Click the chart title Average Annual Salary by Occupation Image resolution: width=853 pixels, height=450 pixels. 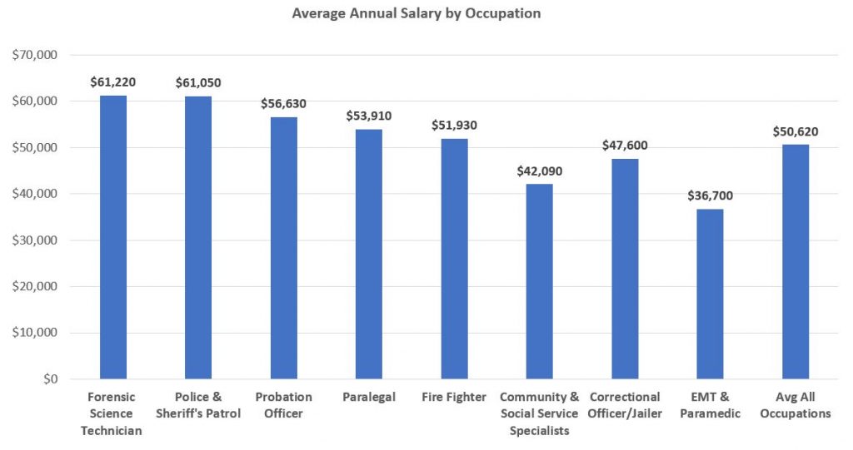click(x=417, y=13)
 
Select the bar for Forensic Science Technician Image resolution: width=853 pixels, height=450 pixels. click(x=113, y=237)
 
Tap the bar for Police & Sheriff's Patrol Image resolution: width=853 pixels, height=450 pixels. click(x=198, y=238)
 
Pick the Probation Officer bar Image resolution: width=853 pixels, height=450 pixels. click(x=284, y=248)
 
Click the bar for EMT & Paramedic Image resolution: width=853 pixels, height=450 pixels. click(x=710, y=294)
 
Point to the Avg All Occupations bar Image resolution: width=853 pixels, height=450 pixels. click(x=796, y=261)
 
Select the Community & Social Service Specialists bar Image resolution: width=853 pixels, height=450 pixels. click(x=539, y=281)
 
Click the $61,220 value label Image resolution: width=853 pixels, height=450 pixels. click(x=113, y=82)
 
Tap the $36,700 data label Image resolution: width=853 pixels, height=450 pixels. click(x=710, y=195)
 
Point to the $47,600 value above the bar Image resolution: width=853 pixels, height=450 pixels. click(x=625, y=145)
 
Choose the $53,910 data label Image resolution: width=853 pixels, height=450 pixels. click(x=369, y=116)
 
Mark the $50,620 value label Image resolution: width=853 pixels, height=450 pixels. click(x=796, y=131)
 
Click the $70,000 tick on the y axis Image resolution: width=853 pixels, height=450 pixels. click(x=34, y=55)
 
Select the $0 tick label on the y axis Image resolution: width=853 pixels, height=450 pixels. click(x=51, y=378)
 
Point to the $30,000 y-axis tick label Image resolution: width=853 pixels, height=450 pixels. click(x=34, y=240)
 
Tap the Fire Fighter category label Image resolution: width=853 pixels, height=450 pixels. click(x=454, y=398)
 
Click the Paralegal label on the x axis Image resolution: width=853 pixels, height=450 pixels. click(x=369, y=398)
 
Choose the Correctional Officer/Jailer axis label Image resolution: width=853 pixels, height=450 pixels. click(x=625, y=405)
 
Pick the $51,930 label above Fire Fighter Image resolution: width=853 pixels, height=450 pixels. click(x=454, y=125)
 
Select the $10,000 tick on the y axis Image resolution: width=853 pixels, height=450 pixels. click(x=34, y=333)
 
